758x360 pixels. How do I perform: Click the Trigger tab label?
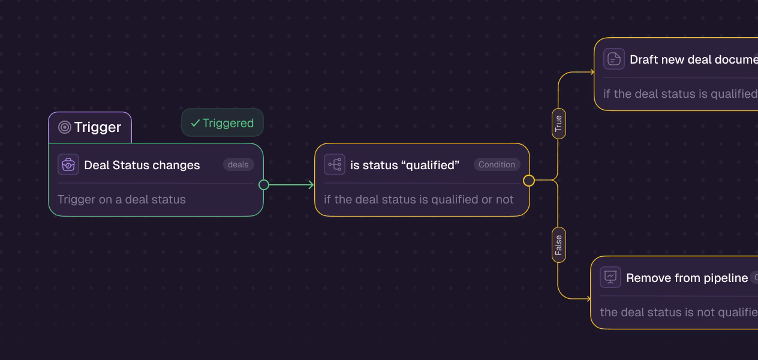coord(97,127)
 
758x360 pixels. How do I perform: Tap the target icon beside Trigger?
coord(65,127)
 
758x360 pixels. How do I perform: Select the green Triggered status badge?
coord(222,123)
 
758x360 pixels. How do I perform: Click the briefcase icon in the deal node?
coord(68,164)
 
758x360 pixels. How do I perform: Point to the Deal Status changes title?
coord(142,165)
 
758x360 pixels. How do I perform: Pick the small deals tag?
coord(238,164)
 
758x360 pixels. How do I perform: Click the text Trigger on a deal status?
coord(122,199)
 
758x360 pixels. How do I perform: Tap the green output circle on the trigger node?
coord(264,185)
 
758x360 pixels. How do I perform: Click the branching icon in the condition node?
coord(335,164)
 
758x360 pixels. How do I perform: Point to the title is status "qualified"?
coord(405,165)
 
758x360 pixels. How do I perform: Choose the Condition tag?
coord(497,164)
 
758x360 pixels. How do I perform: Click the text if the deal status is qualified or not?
coord(419,199)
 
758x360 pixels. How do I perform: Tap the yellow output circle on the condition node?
coord(529,180)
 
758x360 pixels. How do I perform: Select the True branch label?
coord(558,124)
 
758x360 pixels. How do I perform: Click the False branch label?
coord(558,245)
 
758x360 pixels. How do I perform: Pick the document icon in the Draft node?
coord(614,59)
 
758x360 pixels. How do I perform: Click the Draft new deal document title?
coord(693,59)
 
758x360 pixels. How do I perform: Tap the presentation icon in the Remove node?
coord(610,277)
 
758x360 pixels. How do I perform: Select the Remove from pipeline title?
coord(687,278)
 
